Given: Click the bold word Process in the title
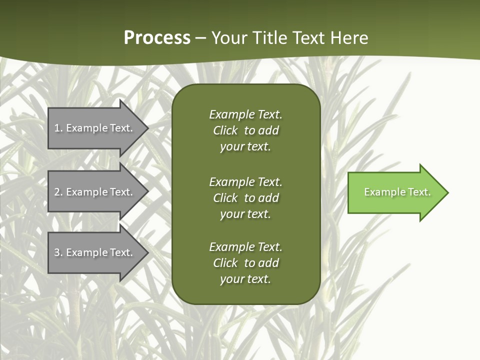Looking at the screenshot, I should [157, 38].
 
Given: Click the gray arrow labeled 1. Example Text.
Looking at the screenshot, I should [95, 128].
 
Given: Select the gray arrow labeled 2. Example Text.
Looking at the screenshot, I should [95, 192].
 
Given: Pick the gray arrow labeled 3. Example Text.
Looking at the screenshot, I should [95, 252].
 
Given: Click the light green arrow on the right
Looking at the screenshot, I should [395, 192].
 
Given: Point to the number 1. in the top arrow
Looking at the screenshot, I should [58, 128].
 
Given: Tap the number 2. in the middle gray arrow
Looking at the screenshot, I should [58, 192].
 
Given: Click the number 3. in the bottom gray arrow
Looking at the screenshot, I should [58, 252].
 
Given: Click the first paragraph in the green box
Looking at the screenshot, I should [245, 130].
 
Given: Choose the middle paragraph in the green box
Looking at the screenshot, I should [245, 197].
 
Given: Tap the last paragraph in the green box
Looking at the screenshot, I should [245, 263].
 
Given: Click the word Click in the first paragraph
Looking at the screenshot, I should [225, 130].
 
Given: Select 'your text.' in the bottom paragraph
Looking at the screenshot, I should [245, 279].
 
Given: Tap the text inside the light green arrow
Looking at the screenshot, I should [397, 192].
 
